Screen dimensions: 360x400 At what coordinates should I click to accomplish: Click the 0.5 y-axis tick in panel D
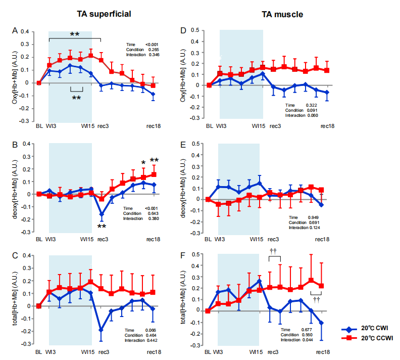point(194,30)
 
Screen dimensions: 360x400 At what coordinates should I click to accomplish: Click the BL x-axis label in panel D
point(208,125)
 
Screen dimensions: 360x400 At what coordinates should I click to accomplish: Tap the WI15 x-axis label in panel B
point(88,239)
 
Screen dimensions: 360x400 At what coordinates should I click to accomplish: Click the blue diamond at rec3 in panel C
point(101,330)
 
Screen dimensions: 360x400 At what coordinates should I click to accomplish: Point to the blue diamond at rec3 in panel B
point(101,214)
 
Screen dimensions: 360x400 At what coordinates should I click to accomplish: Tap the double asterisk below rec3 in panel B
point(102,227)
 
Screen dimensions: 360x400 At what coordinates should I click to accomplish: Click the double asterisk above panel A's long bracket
point(75,34)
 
